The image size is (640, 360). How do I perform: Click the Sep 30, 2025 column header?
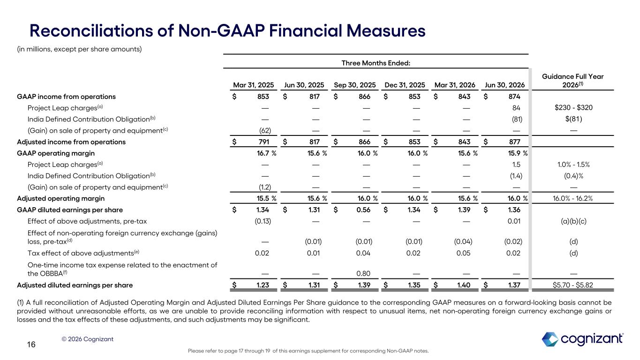pos(354,85)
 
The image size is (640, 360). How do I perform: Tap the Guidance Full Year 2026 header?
pos(572,81)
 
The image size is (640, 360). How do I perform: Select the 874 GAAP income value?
pos(514,97)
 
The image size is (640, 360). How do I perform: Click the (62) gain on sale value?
pos(265,131)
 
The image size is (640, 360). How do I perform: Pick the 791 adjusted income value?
pos(263,142)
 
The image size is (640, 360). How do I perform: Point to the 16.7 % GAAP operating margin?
pos(267,153)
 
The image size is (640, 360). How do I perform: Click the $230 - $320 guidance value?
pos(573,107)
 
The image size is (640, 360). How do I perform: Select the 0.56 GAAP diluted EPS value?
pos(363,210)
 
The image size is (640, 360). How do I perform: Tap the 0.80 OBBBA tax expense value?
pos(363,273)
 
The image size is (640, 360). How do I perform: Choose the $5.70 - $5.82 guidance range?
pos(573,285)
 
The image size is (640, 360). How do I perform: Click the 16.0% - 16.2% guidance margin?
pos(572,198)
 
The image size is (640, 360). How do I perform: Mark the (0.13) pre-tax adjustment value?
pos(263,221)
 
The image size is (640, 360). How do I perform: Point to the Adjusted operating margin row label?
pos(60,198)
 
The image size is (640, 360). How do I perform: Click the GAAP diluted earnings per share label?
pos(70,210)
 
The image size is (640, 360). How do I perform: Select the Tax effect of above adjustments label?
pos(83,253)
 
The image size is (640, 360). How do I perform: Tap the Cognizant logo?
pos(582,339)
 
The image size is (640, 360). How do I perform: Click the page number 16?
pos(31,345)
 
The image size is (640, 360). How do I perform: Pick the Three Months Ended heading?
pos(376,63)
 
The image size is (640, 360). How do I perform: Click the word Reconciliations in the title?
pos(91,30)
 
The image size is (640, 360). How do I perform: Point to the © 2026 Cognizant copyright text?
pos(87,339)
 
